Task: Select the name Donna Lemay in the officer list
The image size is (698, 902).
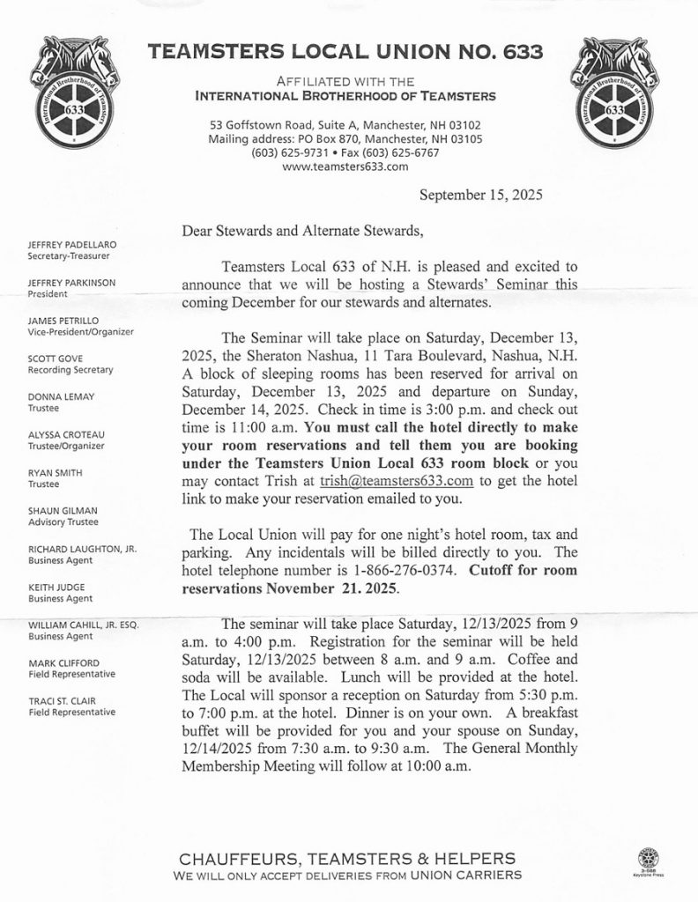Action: [59, 397]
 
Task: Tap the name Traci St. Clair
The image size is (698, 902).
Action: [64, 701]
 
